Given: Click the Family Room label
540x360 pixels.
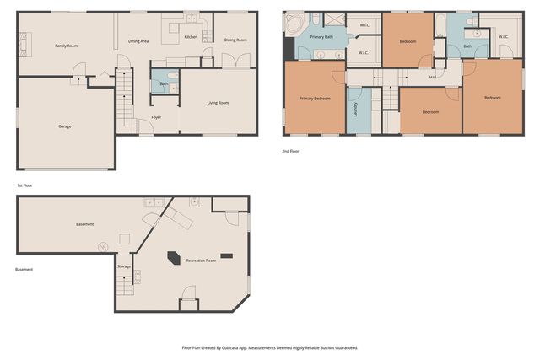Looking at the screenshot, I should (x=66, y=46).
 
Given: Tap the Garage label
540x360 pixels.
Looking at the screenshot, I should (x=64, y=126).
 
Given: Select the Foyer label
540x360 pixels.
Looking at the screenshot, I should (x=156, y=117).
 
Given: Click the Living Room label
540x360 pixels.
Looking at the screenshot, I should (x=219, y=103).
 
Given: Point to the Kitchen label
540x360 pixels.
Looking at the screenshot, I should (x=191, y=37).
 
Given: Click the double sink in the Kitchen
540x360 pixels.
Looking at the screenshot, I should (x=192, y=19).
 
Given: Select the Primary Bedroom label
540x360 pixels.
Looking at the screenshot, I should (x=315, y=99).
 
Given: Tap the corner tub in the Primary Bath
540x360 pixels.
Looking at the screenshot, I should (x=292, y=25).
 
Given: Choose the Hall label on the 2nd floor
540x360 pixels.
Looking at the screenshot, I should (x=433, y=77).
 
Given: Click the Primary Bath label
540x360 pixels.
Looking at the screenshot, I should (x=321, y=38).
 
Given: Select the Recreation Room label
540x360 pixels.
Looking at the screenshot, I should (x=201, y=261).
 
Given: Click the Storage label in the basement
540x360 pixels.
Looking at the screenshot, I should (x=124, y=266).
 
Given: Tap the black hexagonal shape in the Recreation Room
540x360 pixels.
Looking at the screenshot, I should (x=173, y=258).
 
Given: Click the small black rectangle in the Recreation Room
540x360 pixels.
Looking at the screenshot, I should (x=226, y=255).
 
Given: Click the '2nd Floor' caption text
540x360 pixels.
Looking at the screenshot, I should (x=291, y=151).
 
